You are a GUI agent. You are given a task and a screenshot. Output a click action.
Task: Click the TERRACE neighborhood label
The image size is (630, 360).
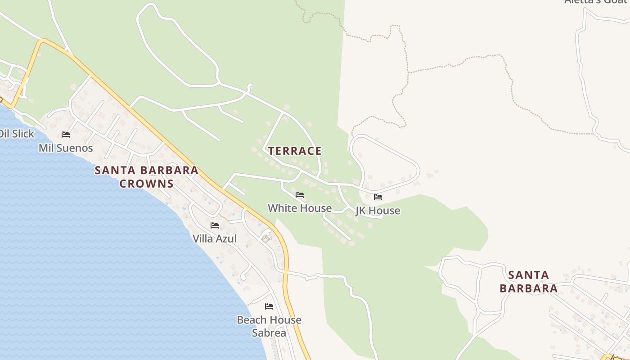coord(295,151)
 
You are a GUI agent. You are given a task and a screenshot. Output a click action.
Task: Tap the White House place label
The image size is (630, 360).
coord(300,208)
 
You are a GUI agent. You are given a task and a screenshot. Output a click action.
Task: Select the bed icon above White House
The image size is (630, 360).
coord(300,195)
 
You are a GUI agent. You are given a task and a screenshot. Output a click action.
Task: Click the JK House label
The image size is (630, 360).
coord(378,211)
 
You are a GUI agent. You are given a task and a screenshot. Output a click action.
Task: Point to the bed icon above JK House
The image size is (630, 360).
coord(378,197)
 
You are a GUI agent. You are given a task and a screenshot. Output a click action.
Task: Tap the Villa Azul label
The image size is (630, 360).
coord(215,238)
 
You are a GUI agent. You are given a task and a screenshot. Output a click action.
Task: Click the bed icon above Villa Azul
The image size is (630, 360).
coord(215,225)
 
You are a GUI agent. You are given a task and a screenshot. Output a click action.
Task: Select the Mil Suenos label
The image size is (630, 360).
coord(66,148)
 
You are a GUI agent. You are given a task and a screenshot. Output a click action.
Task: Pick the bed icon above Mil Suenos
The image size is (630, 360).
coord(66,135)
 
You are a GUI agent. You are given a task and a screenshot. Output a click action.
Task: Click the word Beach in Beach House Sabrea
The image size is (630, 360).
coord(251,320)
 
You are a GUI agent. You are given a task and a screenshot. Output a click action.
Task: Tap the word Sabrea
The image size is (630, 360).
coord(269,333)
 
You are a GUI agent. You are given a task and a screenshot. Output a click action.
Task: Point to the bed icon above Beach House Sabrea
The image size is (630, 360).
coord(269,307)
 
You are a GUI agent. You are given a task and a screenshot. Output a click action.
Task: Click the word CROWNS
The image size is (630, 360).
coord(147,184)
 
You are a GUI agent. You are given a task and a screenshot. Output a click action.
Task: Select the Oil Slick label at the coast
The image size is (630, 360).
coord(17,134)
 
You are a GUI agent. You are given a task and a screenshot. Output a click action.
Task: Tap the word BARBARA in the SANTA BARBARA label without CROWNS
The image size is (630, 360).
coord(528,288)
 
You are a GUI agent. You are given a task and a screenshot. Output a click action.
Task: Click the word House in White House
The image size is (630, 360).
coord(316,208)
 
